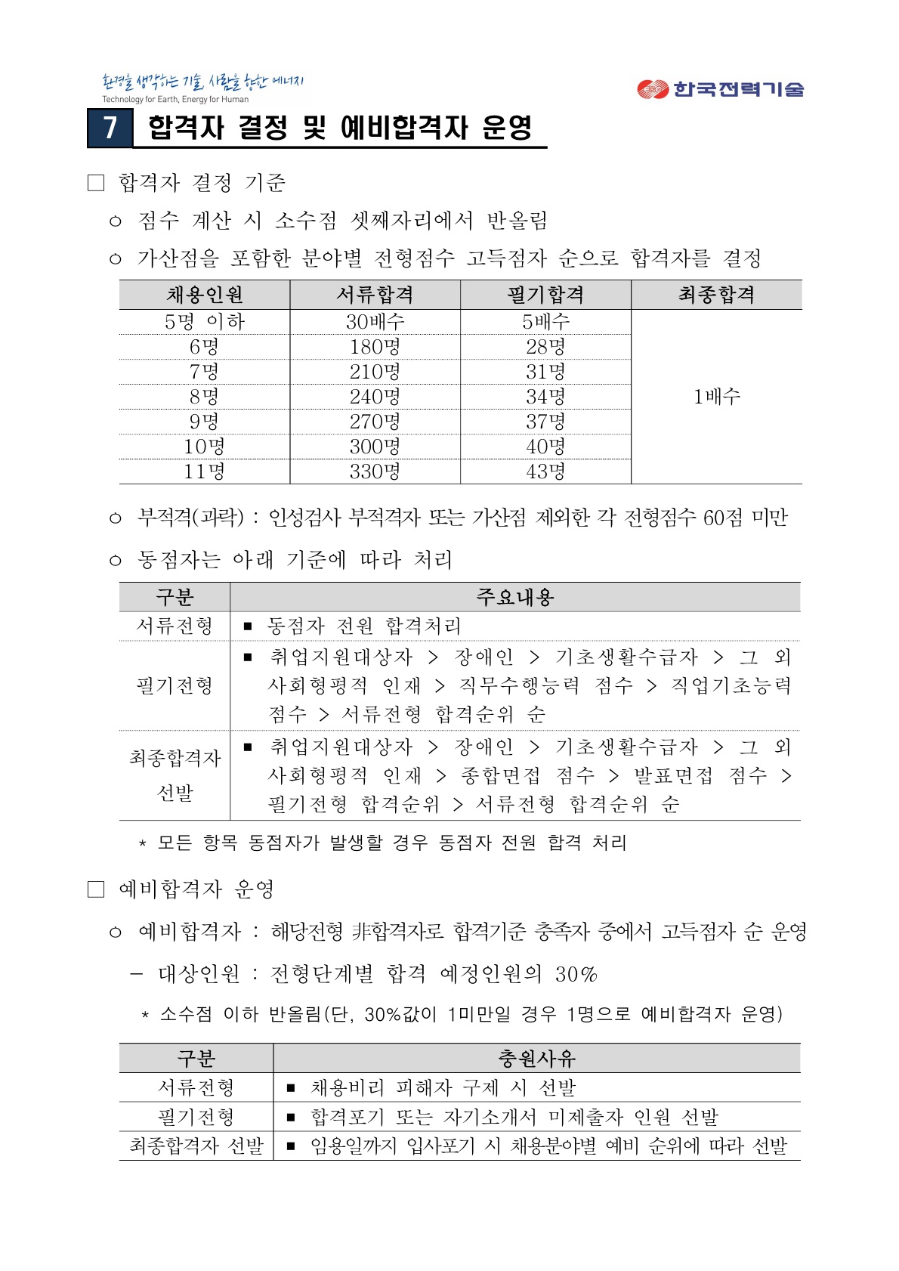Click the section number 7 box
pyautogui.click(x=110, y=128)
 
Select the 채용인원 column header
pyautogui.click(x=205, y=295)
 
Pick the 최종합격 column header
pyautogui.click(x=716, y=295)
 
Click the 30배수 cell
pyautogui.click(x=375, y=322)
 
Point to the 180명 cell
pyautogui.click(x=375, y=347)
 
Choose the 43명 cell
pyautogui.click(x=545, y=472)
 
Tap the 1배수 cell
pyautogui.click(x=716, y=396)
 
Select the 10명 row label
pyautogui.click(x=205, y=447)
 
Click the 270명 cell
pyautogui.click(x=375, y=422)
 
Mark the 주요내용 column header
pyautogui.click(x=515, y=597)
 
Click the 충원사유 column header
pyautogui.click(x=537, y=1058)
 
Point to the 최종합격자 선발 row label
pyautogui.click(x=196, y=1146)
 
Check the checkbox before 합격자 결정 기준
pyautogui.click(x=96, y=183)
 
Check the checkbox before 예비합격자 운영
pyautogui.click(x=96, y=889)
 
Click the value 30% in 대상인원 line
pyautogui.click(x=576, y=974)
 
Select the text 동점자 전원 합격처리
pyautogui.click(x=363, y=626)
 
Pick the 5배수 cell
pyautogui.click(x=545, y=322)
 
